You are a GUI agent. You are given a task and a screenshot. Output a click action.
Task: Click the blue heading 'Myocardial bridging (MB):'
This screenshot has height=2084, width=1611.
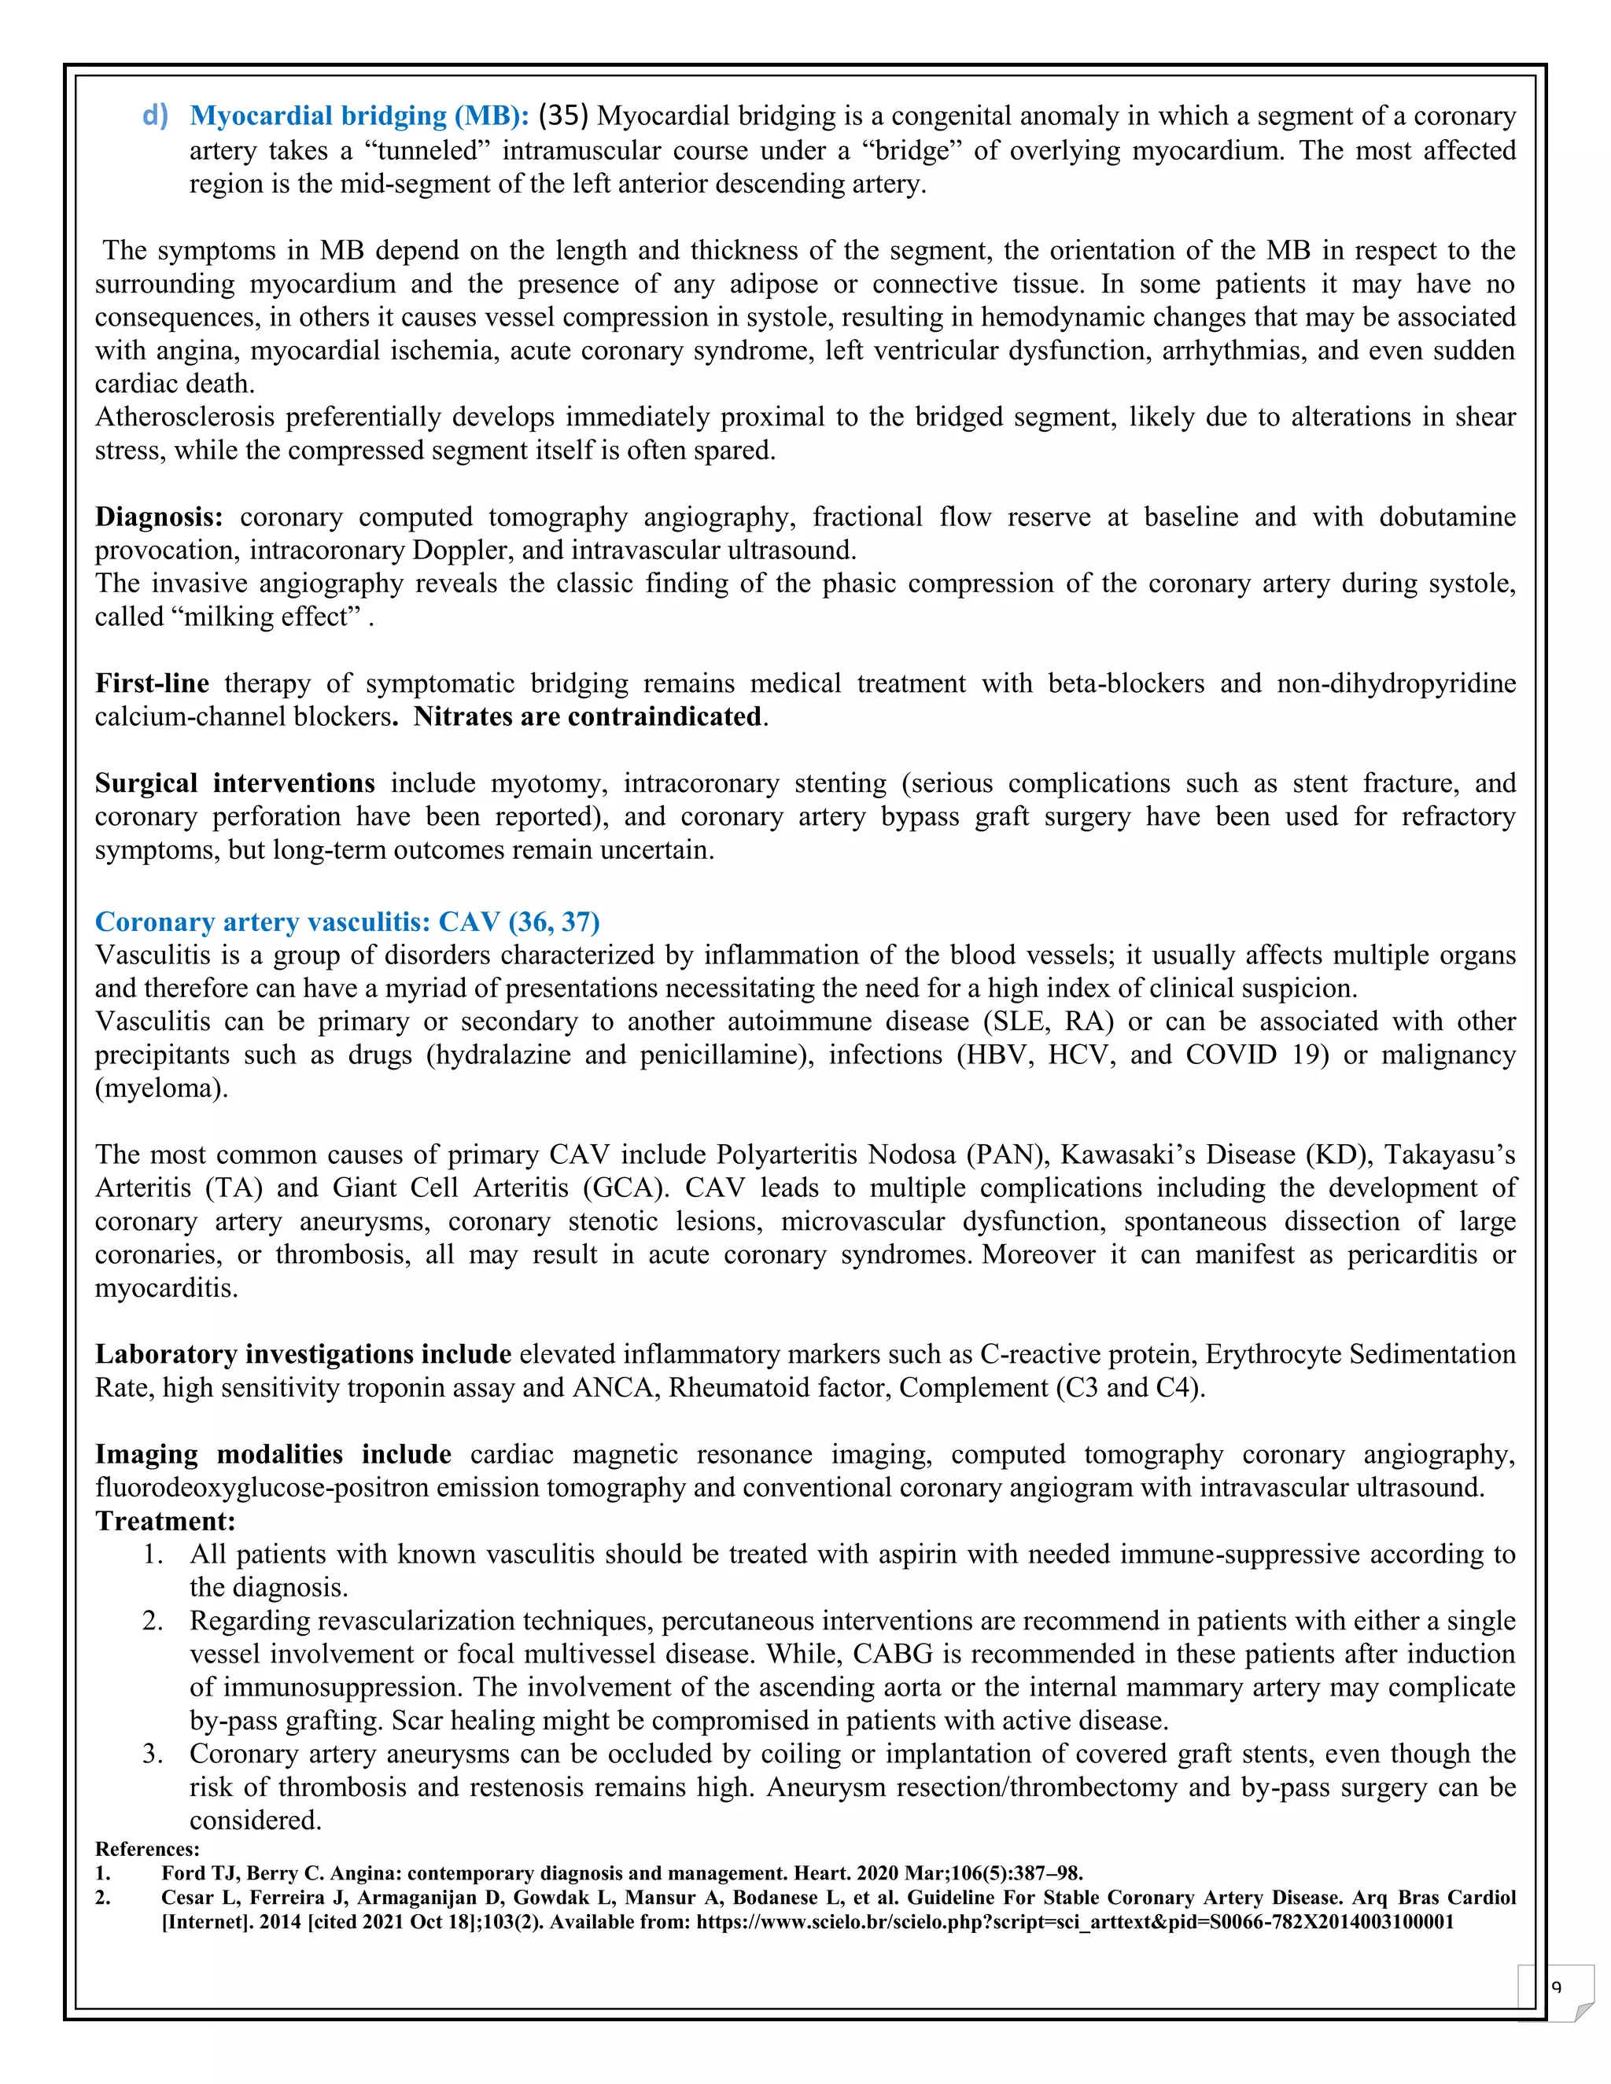point(359,116)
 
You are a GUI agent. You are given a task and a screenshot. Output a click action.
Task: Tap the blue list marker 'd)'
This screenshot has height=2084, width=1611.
point(155,116)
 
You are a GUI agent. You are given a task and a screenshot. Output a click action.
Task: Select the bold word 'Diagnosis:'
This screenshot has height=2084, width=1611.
point(158,517)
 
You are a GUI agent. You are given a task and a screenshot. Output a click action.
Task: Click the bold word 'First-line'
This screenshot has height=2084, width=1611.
point(152,683)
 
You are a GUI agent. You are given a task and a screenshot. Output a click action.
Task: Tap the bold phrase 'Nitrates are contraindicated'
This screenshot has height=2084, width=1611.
point(587,716)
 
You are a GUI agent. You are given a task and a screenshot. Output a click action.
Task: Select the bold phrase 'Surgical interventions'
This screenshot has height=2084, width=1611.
point(234,783)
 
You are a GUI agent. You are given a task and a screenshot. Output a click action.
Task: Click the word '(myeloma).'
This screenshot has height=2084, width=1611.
point(161,1088)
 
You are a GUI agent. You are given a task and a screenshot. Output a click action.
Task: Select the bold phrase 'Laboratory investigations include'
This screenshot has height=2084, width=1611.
point(303,1354)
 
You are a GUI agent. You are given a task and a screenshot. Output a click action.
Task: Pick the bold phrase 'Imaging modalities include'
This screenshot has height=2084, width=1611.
point(273,1454)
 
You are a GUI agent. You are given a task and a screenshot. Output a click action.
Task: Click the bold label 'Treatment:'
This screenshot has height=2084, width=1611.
point(165,1521)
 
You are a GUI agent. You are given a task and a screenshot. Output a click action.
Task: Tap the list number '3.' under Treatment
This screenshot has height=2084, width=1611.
point(153,1754)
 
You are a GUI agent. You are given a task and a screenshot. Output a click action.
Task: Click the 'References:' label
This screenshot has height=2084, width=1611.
point(147,1850)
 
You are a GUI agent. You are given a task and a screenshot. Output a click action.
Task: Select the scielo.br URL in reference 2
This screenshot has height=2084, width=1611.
point(1075,1922)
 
